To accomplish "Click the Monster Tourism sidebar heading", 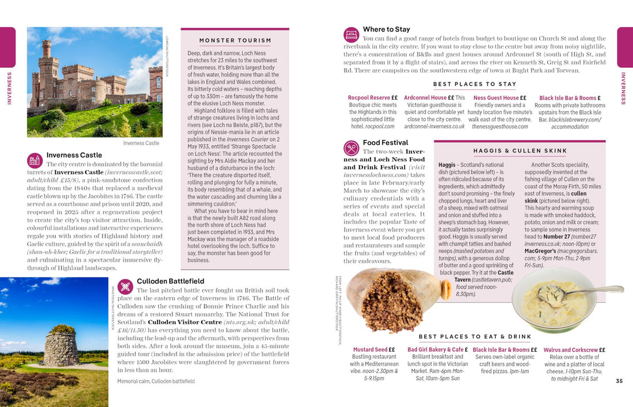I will coord(235,40).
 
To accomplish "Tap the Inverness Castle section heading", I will coord(74,155).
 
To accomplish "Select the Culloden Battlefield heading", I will coord(170,281).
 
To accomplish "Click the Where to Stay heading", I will coord(386,29).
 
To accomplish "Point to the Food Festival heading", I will coord(385,142).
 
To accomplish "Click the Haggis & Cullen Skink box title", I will coord(520,151).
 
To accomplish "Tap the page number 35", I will coord(619,381).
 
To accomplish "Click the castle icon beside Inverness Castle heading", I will coord(35,160).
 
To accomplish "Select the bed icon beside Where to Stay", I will coord(351,35).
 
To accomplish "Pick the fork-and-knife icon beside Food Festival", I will coord(351,148).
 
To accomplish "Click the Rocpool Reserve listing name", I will coord(368,98).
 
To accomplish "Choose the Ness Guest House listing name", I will coord(495,98).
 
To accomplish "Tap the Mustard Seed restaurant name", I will coord(370,349).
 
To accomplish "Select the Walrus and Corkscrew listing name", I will coord(570,349).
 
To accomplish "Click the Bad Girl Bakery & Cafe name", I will coord(435,349).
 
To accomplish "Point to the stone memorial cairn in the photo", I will coord(61,347).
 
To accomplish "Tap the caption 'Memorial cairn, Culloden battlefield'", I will coord(156,381).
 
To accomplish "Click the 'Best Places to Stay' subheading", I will coord(475,84).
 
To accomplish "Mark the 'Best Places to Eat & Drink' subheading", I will coord(475,337).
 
